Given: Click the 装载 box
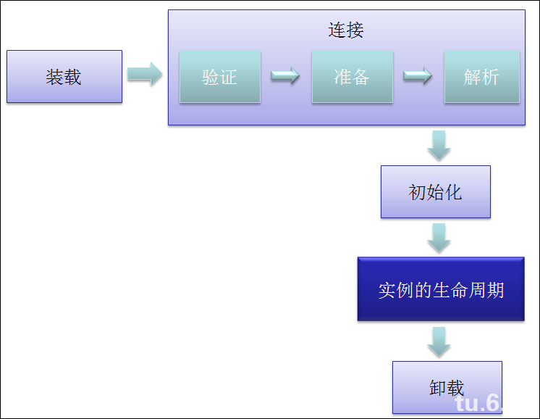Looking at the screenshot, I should (64, 77).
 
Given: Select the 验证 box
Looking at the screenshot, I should (219, 77).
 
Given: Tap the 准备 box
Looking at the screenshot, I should (353, 77).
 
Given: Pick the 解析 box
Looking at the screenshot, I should (481, 77).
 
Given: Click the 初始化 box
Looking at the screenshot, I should (435, 192).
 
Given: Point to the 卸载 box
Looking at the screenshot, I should (446, 387).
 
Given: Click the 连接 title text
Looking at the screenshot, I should (346, 30).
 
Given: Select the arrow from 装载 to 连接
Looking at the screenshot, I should (145, 74).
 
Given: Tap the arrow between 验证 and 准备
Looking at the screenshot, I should (286, 75).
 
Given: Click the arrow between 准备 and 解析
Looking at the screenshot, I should (418, 75).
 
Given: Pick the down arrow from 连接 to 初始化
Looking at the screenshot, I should (439, 146).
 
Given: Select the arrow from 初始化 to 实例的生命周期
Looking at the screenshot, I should (439, 237).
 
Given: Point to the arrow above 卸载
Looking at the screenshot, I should (439, 341).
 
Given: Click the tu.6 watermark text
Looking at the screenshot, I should (478, 403).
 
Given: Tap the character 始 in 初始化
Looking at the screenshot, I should (435, 192).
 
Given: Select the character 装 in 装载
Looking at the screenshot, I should (55, 77).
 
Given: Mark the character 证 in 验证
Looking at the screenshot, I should (229, 77).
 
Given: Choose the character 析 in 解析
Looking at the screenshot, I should (491, 77).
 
